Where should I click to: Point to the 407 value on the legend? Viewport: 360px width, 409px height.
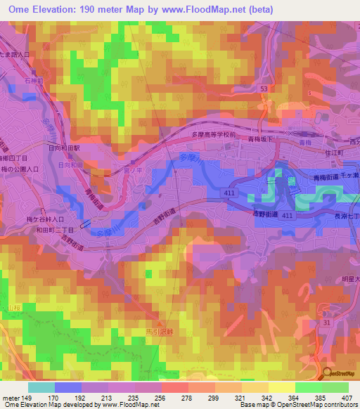tap(347, 397)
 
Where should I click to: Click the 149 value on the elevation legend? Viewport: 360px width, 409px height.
tap(27, 397)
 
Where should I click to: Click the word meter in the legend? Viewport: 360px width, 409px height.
tap(9, 397)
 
